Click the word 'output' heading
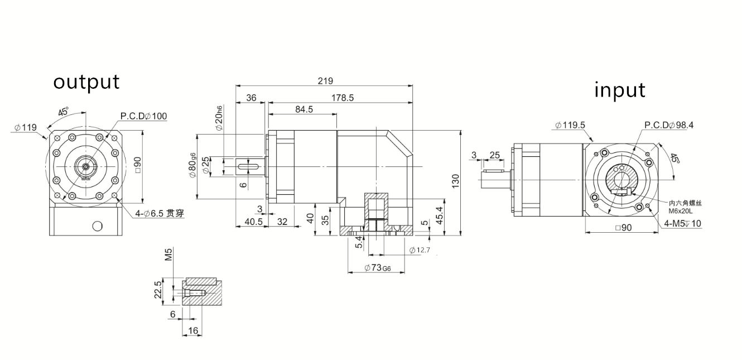coord(86,81)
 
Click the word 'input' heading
coord(620,89)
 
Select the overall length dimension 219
coord(325,80)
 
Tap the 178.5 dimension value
coord(342,98)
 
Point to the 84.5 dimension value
coord(303,109)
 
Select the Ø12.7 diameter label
coord(420,249)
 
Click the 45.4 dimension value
coord(439,214)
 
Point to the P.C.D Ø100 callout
coord(143,116)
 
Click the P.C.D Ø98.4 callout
coord(669,125)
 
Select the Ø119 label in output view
coord(25,128)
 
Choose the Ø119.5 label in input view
coord(570,125)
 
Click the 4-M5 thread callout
coord(683,224)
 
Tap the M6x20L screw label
coord(680,211)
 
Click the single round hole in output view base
coord(98,226)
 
